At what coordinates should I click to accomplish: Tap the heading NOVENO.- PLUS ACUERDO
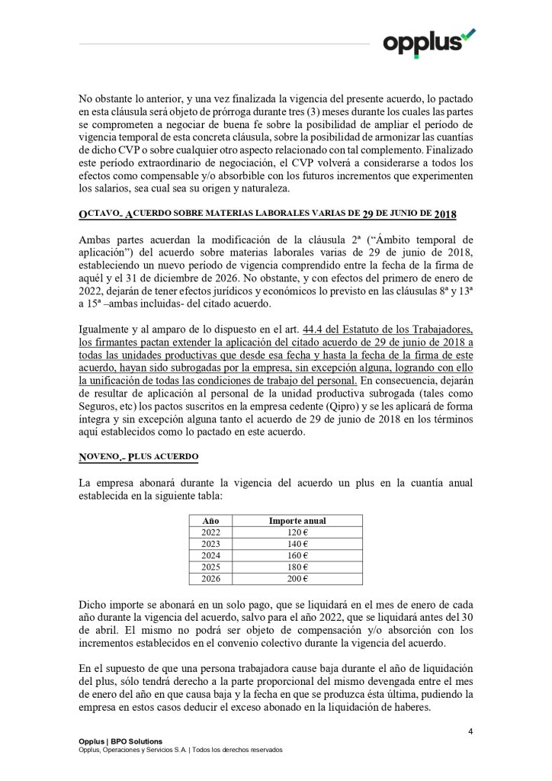pos(138,457)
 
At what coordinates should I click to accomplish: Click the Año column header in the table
pos(210,521)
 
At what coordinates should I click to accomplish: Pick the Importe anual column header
pos(297,521)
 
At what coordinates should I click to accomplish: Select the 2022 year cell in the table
pos(210,532)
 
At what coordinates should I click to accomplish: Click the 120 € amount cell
pos(297,532)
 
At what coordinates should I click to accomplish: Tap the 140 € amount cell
pos(297,544)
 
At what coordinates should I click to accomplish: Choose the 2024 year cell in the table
pos(210,555)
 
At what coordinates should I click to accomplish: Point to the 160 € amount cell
pos(297,555)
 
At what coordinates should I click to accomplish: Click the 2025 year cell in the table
pos(210,567)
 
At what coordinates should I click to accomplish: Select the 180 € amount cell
pos(297,567)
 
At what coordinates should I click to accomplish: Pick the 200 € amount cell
pos(297,578)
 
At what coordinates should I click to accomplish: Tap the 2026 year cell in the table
pos(210,578)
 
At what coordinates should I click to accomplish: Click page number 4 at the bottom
pos(470,732)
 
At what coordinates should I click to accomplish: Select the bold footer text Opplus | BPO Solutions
pos(120,741)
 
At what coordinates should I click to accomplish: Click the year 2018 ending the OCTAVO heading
pos(444,215)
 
